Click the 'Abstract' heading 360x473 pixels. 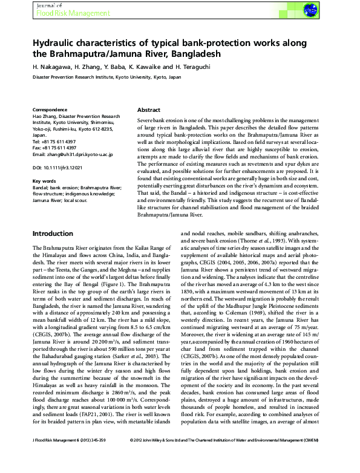148,111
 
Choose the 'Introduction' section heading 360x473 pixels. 53,233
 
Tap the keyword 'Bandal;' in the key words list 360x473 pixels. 42,189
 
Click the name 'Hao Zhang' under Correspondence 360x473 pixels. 46,117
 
